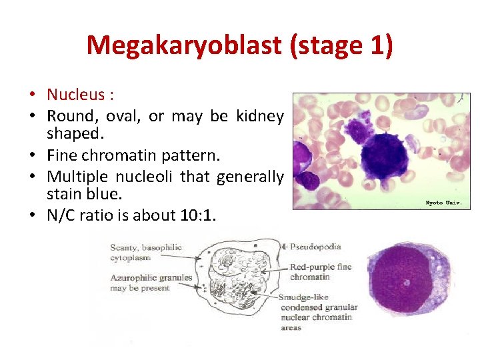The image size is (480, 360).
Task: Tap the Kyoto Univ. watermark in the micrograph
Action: coord(443,202)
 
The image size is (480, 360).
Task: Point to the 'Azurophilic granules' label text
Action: coord(151,277)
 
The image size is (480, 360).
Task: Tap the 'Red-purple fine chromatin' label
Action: coord(320,272)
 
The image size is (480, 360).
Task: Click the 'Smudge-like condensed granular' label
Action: coord(319,303)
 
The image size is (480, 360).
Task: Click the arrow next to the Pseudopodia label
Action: coord(285,247)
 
